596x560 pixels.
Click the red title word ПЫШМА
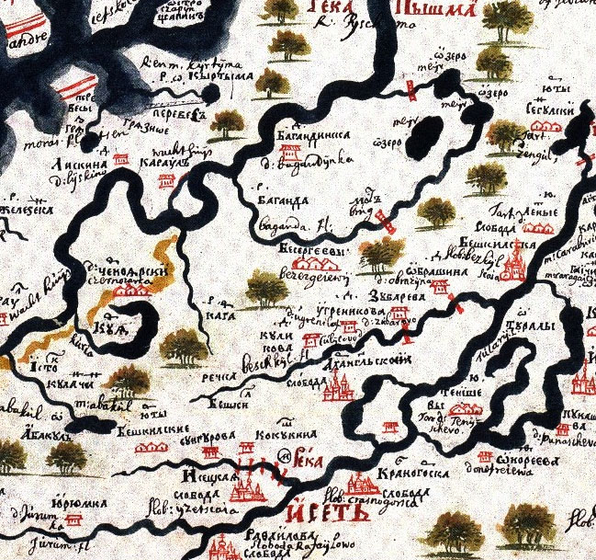[x=434, y=10]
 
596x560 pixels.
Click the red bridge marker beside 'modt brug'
[x=384, y=219]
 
